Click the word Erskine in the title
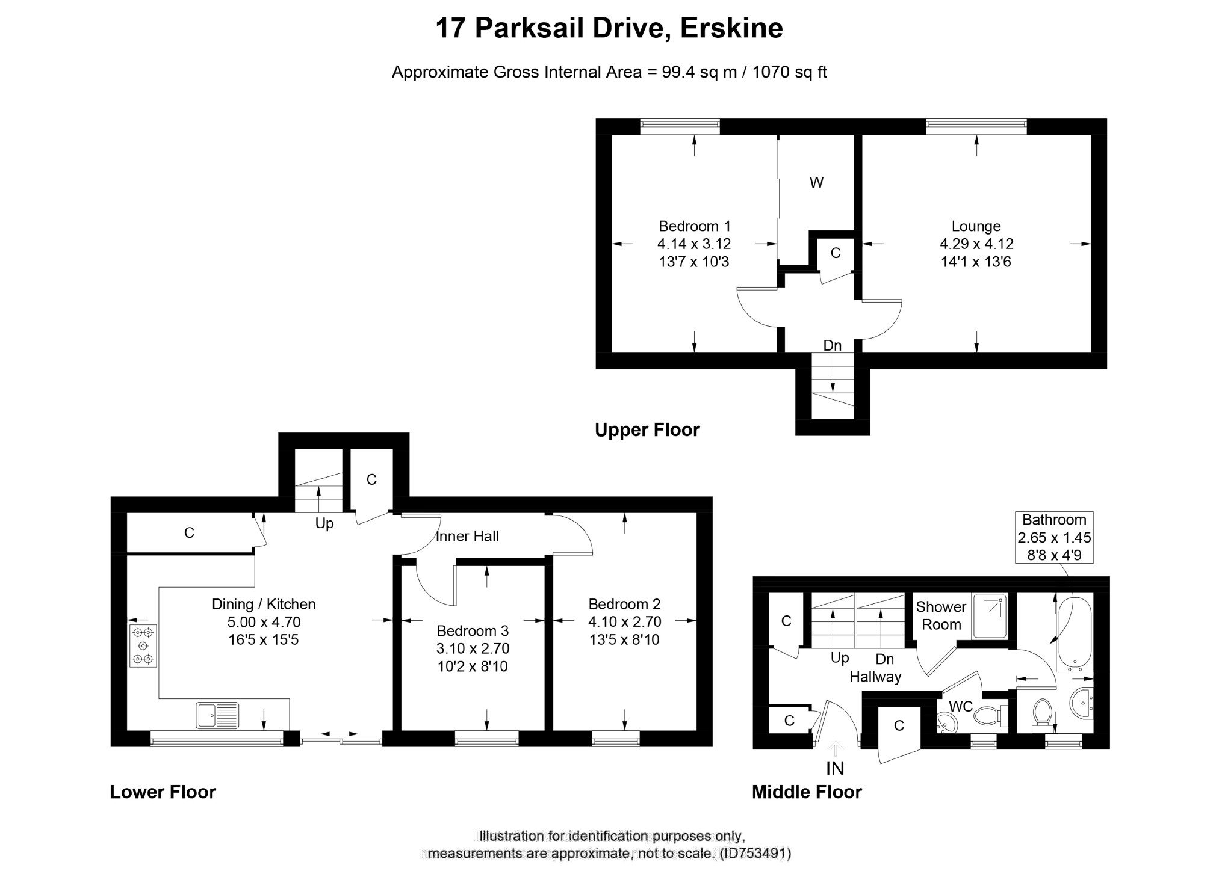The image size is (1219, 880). tap(731, 28)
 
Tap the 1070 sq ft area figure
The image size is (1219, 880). tap(790, 72)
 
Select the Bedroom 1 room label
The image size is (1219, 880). tap(695, 226)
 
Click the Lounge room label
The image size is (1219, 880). tap(976, 227)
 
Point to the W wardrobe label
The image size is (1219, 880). tap(816, 183)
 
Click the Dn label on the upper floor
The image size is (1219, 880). tap(833, 345)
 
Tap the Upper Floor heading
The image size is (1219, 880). tap(647, 430)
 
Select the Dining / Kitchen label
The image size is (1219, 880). tap(264, 604)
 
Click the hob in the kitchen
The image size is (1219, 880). tap(143, 645)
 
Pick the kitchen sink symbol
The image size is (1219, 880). tap(217, 715)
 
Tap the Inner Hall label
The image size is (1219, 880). tap(468, 536)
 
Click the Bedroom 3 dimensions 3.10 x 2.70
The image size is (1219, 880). tap(473, 648)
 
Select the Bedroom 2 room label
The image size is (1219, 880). tap(624, 604)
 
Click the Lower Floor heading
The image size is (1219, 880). tap(163, 792)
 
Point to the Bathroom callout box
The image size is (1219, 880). tap(1054, 537)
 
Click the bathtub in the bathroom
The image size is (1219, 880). tap(1075, 634)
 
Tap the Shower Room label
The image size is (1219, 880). tap(941, 615)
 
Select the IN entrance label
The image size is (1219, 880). tap(835, 768)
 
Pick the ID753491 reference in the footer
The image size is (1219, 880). tap(755, 853)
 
